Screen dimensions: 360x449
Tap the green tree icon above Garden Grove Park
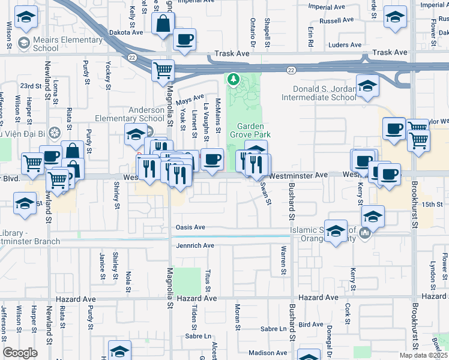pos(233,79)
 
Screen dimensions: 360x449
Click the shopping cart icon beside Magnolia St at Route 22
pos(163,70)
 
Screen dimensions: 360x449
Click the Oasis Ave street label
pos(190,227)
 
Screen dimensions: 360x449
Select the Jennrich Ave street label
pos(194,245)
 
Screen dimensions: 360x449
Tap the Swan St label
pos(264,193)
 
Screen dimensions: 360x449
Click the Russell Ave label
pos(337,20)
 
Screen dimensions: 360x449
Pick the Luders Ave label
pos(345,45)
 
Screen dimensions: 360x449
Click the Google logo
pos(20,353)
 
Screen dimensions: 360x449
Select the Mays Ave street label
pos(190,98)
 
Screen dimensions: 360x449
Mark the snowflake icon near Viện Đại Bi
pos(55,132)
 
